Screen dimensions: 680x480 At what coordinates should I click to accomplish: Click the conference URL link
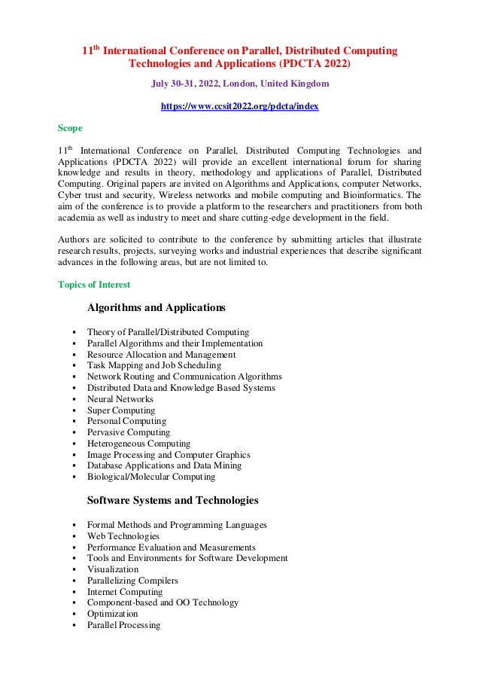coord(239,107)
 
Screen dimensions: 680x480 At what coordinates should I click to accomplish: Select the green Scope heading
coord(71,128)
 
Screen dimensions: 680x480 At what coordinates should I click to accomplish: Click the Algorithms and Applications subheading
coord(156,307)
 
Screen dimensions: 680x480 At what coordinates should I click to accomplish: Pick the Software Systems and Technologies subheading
coord(173,500)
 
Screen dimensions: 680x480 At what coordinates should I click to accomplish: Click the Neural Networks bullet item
coord(120,399)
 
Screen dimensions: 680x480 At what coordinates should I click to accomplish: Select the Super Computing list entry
coord(121,410)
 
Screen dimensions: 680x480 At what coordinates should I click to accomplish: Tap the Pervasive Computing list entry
coord(129,432)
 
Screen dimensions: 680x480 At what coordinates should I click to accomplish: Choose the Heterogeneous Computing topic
coord(138,444)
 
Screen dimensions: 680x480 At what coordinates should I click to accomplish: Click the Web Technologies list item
coord(123,536)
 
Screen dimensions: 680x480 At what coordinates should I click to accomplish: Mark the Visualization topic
coord(113,569)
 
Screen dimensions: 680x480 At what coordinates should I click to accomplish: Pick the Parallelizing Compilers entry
coord(132,581)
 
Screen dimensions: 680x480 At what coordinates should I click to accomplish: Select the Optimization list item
coord(113,614)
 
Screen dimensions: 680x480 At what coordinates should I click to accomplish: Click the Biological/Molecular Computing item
coord(151,477)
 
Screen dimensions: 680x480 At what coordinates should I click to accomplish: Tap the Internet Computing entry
coord(125,592)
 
